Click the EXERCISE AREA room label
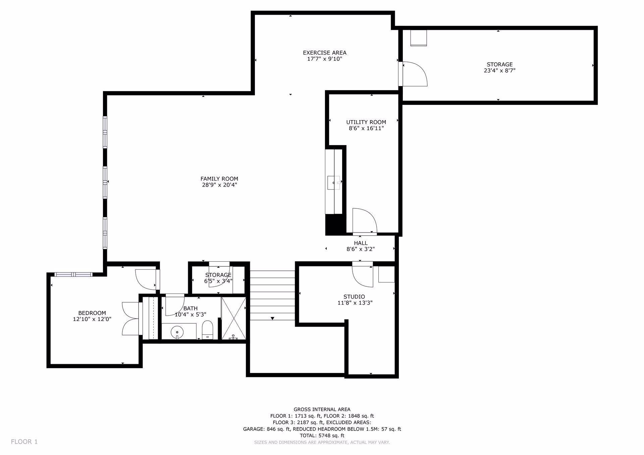click(324, 53)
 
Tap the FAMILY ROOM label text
click(219, 179)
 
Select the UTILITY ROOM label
click(366, 122)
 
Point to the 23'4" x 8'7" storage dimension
click(499, 71)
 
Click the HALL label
click(361, 243)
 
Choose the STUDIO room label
click(354, 297)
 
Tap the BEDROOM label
click(92, 313)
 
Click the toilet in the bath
click(208, 330)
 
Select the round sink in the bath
click(177, 332)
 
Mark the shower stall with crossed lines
click(233, 318)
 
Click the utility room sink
click(334, 183)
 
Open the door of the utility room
click(365, 220)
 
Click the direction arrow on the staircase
click(273, 318)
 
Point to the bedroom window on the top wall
click(73, 274)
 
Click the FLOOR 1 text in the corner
click(24, 442)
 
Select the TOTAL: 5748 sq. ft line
click(322, 436)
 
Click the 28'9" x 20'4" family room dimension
click(219, 185)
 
